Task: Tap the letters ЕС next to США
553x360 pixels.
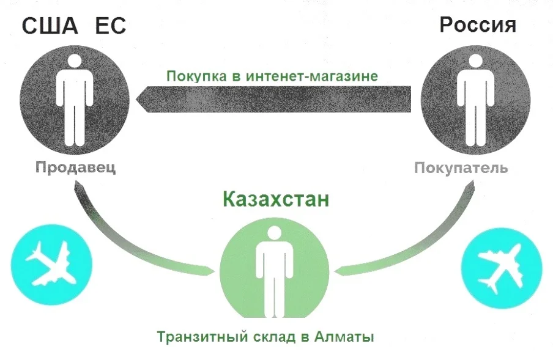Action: pyautogui.click(x=110, y=27)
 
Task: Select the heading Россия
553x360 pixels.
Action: pyautogui.click(x=478, y=25)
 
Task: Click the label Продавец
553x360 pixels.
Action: pyautogui.click(x=75, y=167)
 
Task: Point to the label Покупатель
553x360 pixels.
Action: pyautogui.click(x=461, y=167)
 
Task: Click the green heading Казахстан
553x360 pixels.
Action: pyautogui.click(x=275, y=200)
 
